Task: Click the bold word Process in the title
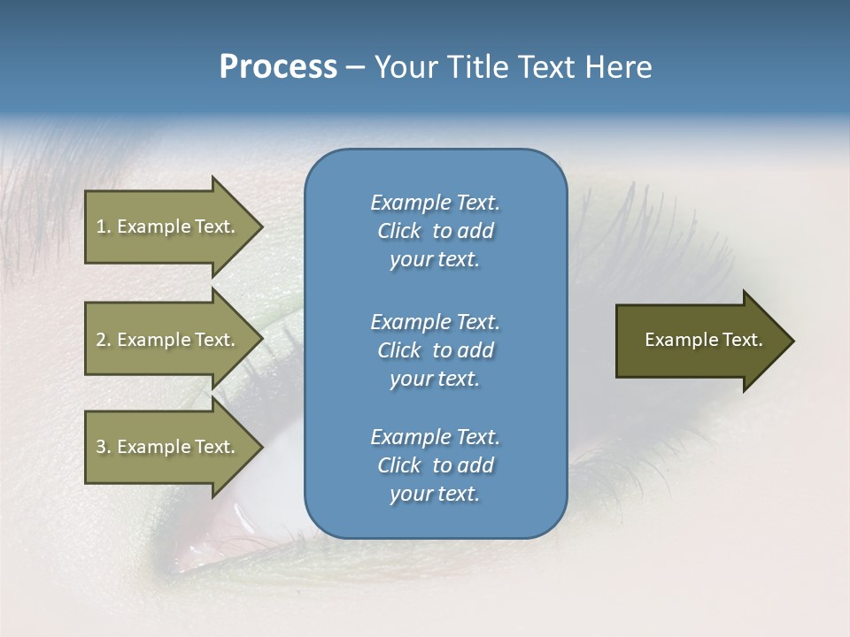278,67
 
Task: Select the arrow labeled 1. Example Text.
168,226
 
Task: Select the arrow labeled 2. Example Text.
168,340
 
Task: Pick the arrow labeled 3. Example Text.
168,448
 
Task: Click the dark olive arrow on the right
699,341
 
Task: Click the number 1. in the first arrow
103,226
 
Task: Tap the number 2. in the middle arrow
103,340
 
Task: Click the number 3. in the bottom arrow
103,448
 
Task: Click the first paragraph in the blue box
435,231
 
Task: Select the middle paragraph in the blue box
435,350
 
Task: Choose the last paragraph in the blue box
435,465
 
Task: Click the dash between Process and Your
355,68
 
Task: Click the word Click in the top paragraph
399,231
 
